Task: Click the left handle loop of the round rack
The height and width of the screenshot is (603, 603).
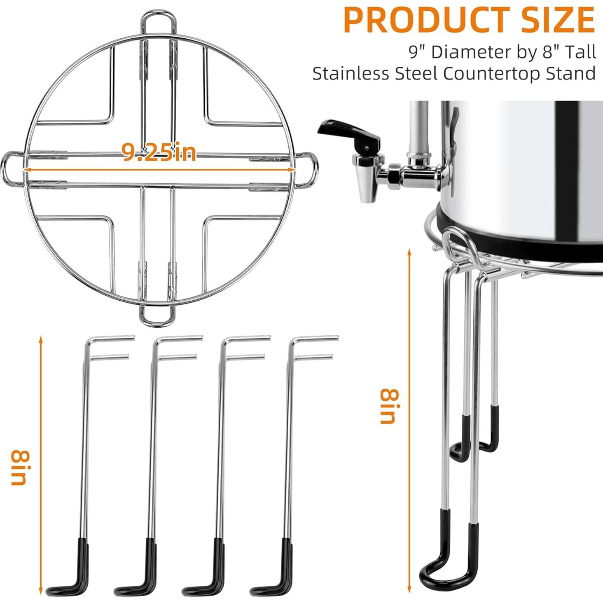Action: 10,169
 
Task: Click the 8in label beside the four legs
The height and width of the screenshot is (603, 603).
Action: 19,467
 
